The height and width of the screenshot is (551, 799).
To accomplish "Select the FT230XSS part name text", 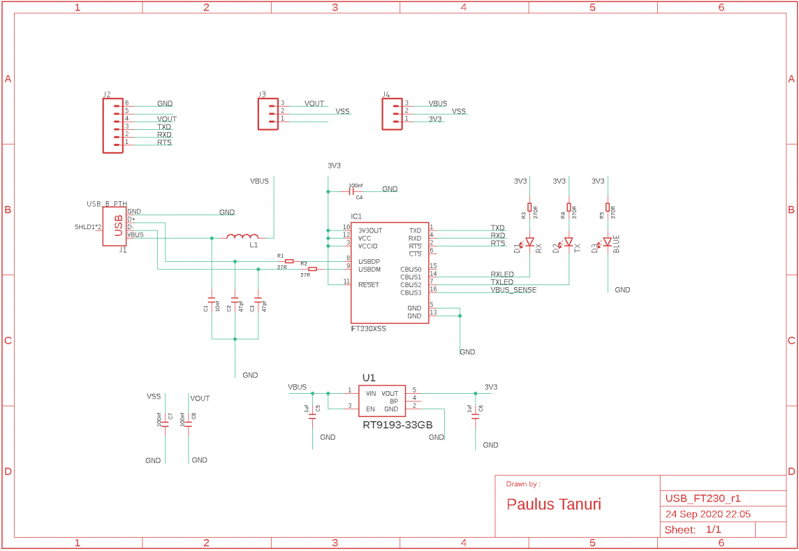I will (x=368, y=329).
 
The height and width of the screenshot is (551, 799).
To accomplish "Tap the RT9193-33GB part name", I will (x=398, y=424).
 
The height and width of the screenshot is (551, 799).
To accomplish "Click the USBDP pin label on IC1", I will (x=370, y=261).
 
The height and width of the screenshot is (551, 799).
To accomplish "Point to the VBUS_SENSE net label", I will (x=513, y=290).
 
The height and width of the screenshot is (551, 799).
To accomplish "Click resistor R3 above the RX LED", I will (x=529, y=207).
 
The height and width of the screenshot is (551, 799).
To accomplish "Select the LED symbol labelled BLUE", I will (x=607, y=242).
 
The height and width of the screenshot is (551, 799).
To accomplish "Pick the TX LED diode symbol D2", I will (x=569, y=242).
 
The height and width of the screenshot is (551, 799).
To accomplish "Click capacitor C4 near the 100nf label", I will (x=352, y=191).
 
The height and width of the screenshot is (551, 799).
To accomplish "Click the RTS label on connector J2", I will (x=164, y=143).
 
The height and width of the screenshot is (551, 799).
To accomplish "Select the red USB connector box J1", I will (x=114, y=227).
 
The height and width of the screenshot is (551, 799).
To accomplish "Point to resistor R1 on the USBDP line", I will (x=289, y=261).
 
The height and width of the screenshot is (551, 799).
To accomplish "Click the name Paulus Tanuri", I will (x=554, y=504).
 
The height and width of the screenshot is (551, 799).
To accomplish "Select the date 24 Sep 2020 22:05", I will (x=708, y=514).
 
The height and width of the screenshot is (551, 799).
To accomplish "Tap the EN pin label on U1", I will (x=371, y=409).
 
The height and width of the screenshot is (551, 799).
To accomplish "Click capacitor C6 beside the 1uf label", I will (x=475, y=420).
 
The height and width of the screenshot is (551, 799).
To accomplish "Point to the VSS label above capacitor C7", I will (x=154, y=396).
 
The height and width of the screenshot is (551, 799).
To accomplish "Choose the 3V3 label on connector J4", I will (x=435, y=119).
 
